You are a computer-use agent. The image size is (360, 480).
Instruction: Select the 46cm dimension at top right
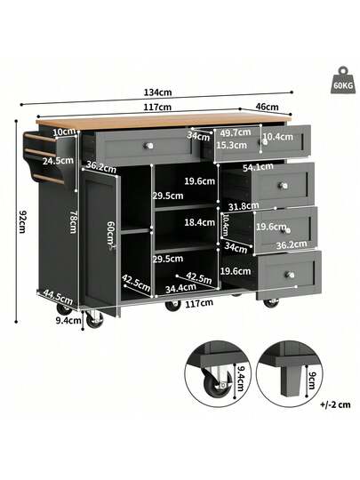coord(265,107)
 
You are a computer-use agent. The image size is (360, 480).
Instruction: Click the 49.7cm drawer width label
coord(236,132)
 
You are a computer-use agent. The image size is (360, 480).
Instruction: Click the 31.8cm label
coord(241,206)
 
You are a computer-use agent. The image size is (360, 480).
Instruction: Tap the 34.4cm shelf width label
coord(180,288)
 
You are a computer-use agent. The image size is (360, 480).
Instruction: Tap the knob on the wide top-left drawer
coord(150,145)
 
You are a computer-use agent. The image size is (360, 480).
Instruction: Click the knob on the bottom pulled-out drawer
coord(290,276)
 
